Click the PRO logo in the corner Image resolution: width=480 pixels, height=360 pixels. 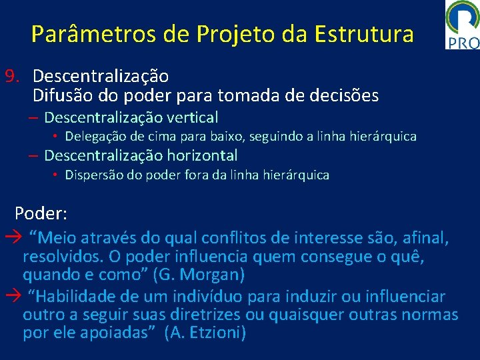click(x=463, y=25)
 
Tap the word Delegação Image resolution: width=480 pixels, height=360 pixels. click(x=97, y=137)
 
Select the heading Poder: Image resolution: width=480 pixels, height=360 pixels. click(x=41, y=213)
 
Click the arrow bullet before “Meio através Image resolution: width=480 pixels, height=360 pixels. click(x=13, y=237)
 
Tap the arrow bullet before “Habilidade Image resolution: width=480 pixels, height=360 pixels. click(x=13, y=297)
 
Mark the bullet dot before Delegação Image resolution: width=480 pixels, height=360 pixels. click(x=57, y=137)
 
